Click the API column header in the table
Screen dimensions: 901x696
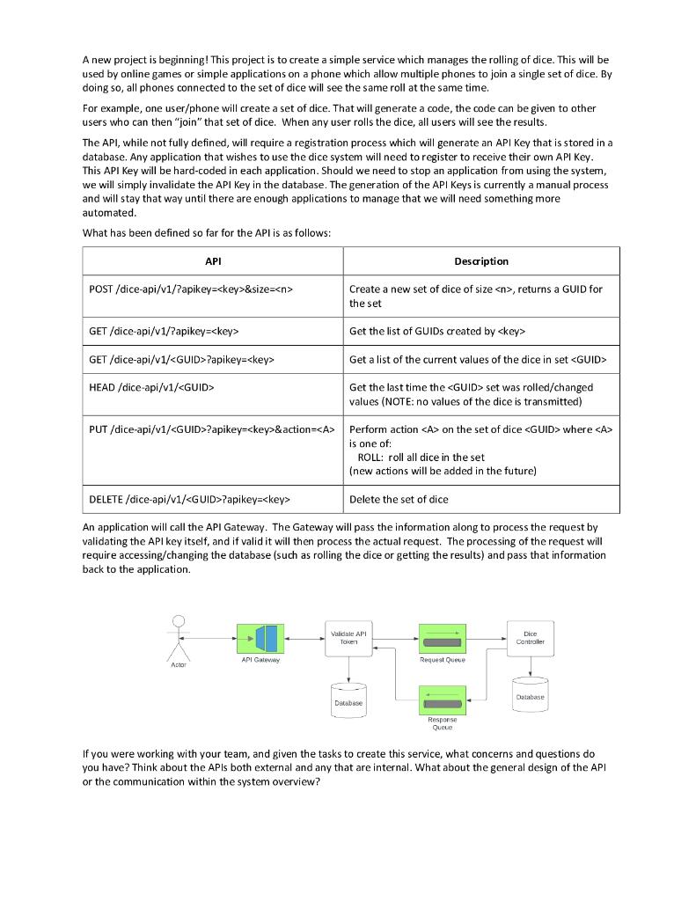(212, 261)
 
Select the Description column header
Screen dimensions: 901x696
(480, 261)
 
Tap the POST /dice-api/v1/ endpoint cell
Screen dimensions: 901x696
(191, 289)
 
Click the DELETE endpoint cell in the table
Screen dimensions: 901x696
(189, 500)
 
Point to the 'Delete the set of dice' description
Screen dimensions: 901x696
(398, 500)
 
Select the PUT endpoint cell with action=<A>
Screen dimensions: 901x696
(212, 429)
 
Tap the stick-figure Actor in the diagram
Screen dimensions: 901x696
(179, 638)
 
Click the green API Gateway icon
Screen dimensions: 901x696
(260, 638)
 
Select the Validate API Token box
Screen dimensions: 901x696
(349, 638)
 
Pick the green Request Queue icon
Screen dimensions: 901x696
(443, 638)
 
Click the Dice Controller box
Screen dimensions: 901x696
(530, 638)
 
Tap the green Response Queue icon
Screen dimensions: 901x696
(443, 700)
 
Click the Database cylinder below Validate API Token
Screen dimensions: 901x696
(348, 700)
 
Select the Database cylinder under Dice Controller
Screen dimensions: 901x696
(530, 693)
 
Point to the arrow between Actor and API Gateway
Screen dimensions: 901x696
(211, 638)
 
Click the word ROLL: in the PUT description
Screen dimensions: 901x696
(370, 458)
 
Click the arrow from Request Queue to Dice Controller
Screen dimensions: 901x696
(487, 638)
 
